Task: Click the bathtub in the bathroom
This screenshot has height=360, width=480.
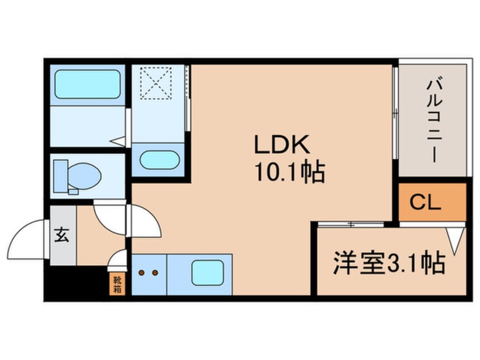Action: pos(87,85)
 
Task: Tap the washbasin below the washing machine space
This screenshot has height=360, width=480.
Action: pos(158,160)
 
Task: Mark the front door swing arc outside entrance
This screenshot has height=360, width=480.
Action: pos(28,238)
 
